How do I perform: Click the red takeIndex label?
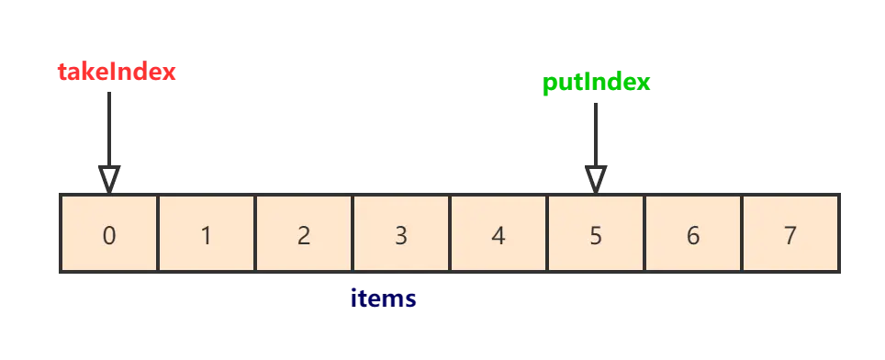pos(117,71)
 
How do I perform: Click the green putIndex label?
pos(597,84)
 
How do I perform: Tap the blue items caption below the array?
pos(384,298)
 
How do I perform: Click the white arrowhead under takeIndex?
pos(109,177)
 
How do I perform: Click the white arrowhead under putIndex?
pos(595,177)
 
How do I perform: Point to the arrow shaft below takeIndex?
pos(110,124)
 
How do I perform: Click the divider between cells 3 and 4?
pos(450,233)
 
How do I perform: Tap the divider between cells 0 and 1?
pos(158,233)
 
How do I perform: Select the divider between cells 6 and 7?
pos(742,233)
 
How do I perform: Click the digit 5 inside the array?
pos(596,236)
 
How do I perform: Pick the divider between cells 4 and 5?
pos(547,233)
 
